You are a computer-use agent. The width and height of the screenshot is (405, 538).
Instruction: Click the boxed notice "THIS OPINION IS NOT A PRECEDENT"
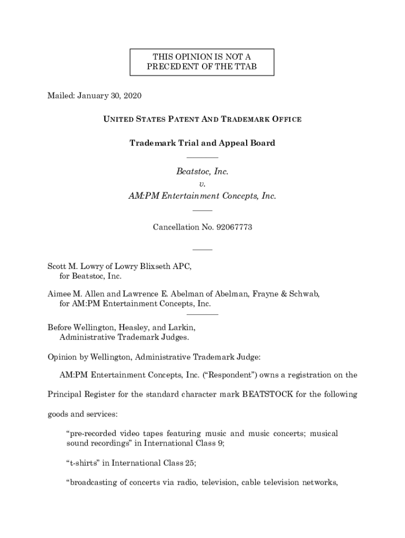[x=202, y=62]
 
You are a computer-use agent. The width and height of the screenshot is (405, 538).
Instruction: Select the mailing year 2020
[x=132, y=96]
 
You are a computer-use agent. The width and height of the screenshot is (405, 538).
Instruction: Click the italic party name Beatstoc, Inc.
[x=202, y=172]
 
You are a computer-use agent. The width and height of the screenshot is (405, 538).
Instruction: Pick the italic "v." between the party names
[x=202, y=184]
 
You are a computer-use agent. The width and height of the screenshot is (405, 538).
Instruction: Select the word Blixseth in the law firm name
[x=157, y=266]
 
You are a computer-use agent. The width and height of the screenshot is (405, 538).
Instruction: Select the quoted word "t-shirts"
[x=82, y=463]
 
